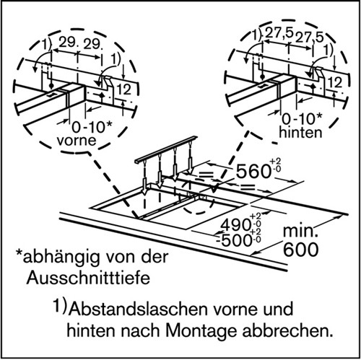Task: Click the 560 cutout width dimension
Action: point(253,171)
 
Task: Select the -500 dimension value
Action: point(232,240)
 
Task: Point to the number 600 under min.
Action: point(301,250)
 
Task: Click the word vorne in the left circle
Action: point(77,141)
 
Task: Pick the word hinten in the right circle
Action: point(300,132)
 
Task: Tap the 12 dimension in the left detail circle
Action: point(124,89)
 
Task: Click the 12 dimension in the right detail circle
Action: point(335,82)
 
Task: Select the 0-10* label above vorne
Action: point(92,127)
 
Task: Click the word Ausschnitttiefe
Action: point(88,278)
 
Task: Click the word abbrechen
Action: point(288,331)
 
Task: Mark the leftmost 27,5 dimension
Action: point(279,32)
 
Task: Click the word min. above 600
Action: point(300,232)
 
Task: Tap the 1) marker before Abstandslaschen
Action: point(60,306)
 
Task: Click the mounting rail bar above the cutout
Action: point(166,149)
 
